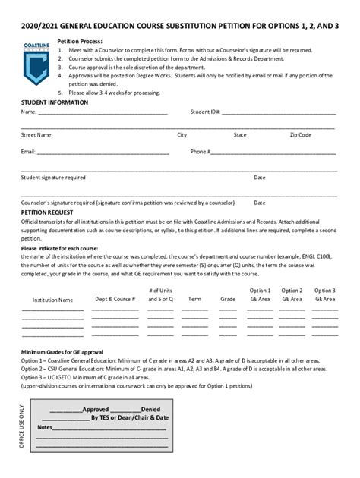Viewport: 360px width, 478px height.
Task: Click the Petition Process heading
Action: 80,41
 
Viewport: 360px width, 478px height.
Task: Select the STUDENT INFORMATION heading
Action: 55,102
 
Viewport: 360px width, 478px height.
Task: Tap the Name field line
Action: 103,113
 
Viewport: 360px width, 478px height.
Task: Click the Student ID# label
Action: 205,112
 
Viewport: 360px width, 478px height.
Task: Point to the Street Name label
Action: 36,134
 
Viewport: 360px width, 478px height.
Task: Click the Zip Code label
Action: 300,134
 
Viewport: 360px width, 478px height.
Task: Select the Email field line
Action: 103,153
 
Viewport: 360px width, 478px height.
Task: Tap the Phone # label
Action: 201,151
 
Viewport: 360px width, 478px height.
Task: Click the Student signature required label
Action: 53,177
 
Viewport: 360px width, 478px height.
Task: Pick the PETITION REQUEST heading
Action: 47,213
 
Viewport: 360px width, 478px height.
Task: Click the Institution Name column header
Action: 52,300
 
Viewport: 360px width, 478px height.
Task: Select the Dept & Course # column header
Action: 115,299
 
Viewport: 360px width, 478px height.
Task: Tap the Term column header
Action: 194,299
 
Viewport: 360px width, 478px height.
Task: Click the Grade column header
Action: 228,299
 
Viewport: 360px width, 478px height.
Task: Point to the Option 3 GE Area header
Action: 324,294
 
